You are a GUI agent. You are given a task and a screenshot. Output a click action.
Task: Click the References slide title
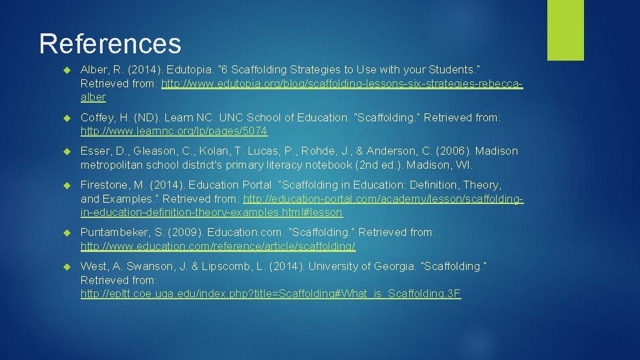[110, 44]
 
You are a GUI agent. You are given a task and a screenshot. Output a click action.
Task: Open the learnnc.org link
[174, 131]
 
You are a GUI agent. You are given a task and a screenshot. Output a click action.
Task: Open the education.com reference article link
[218, 246]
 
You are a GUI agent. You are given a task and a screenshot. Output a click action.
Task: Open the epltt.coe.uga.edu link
[271, 293]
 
